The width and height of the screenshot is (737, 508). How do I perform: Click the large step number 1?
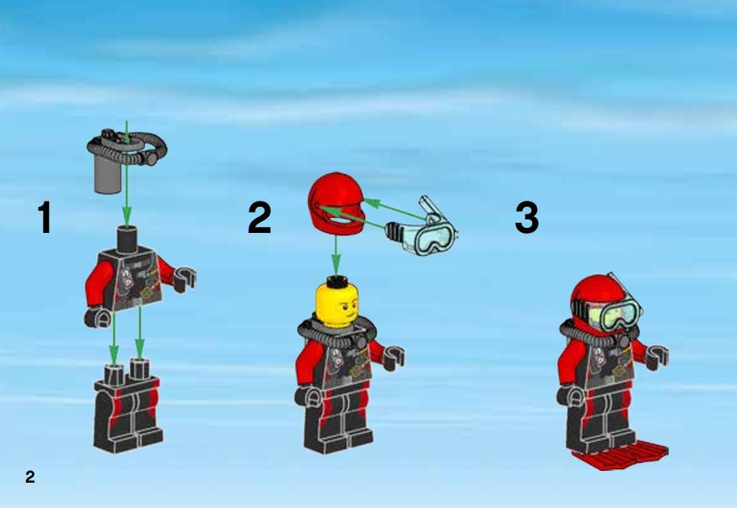pyautogui.click(x=45, y=217)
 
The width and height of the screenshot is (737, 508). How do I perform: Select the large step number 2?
pyautogui.click(x=260, y=217)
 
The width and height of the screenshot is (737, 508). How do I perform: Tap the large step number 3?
pyautogui.click(x=527, y=217)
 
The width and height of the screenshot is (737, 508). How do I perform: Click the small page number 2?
pyautogui.click(x=30, y=477)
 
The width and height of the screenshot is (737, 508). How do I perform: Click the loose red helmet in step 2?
pyautogui.click(x=336, y=203)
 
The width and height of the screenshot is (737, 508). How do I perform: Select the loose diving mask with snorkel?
pyautogui.click(x=422, y=227)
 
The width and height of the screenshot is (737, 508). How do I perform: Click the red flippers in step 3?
pyautogui.click(x=620, y=456)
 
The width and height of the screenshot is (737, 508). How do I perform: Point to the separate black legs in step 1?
pyautogui.click(x=128, y=409)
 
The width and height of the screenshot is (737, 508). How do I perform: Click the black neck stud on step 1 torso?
pyautogui.click(x=126, y=240)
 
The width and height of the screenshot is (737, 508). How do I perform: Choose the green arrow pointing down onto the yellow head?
pyautogui.click(x=335, y=255)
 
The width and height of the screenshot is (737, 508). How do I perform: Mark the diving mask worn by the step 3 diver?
pyautogui.click(x=612, y=313)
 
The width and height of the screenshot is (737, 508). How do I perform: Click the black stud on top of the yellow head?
pyautogui.click(x=336, y=282)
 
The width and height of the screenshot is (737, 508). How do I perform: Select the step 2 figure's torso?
pyautogui.click(x=339, y=362)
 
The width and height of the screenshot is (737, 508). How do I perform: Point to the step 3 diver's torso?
pyautogui.click(x=606, y=363)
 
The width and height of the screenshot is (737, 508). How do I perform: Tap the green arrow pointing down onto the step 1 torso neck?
pyautogui.click(x=126, y=173)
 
